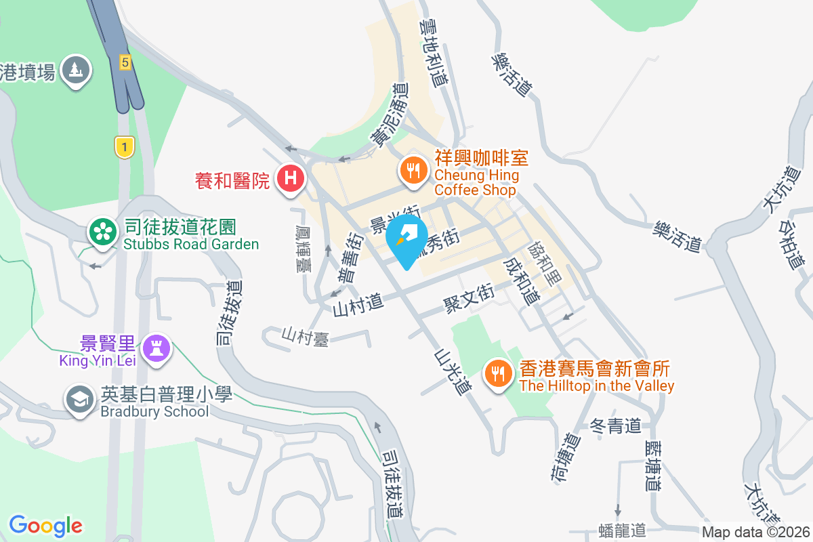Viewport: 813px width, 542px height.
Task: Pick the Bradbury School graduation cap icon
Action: point(80,400)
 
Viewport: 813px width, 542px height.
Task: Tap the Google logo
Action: point(45,525)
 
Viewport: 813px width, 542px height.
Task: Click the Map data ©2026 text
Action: point(755,532)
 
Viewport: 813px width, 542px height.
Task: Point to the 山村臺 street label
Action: point(306,337)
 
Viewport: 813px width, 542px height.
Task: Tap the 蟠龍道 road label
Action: point(623,530)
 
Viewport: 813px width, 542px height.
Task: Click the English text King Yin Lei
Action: point(98,360)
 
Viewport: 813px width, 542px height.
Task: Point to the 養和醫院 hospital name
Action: point(232,180)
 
